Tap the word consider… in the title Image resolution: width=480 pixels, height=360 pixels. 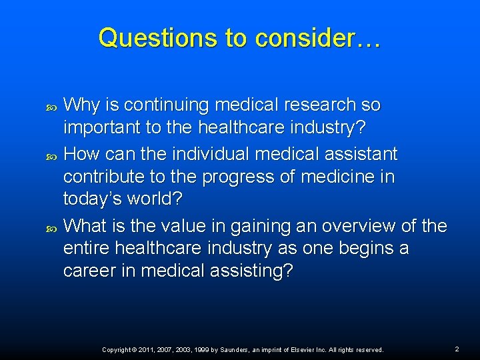point(317,38)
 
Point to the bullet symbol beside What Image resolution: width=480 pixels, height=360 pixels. point(54,227)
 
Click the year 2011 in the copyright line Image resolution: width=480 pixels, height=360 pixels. point(147,350)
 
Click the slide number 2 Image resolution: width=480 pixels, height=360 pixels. point(457,349)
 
